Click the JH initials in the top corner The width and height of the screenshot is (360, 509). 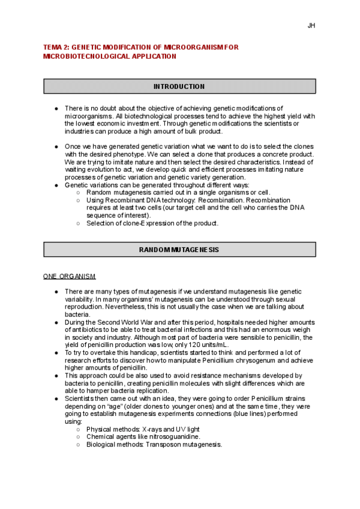pos(311,26)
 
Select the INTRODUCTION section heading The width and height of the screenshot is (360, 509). pos(179,86)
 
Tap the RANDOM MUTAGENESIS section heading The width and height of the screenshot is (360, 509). pos(179,249)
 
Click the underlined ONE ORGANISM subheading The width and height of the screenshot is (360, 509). pos(69,276)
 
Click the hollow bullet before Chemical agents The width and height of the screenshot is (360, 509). pos(79,437)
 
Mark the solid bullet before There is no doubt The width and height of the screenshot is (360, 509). pos(56,108)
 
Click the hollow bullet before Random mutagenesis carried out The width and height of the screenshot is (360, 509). pos(79,192)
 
